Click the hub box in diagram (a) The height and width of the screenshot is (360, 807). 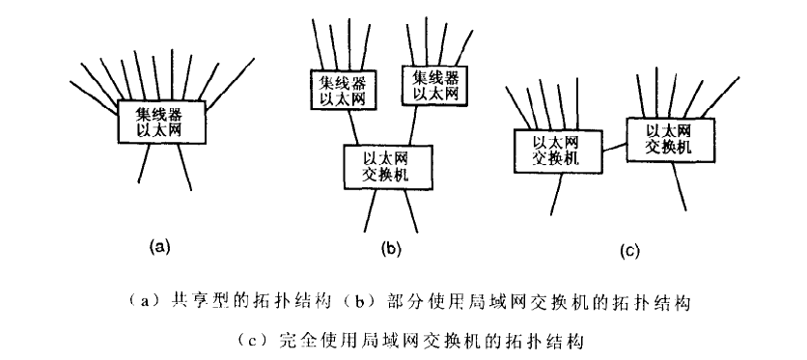[x=160, y=121]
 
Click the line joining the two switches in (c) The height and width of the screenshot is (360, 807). [x=608, y=147]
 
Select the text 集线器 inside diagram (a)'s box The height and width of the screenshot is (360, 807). [x=160, y=112]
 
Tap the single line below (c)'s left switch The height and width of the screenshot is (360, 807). [x=554, y=195]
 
